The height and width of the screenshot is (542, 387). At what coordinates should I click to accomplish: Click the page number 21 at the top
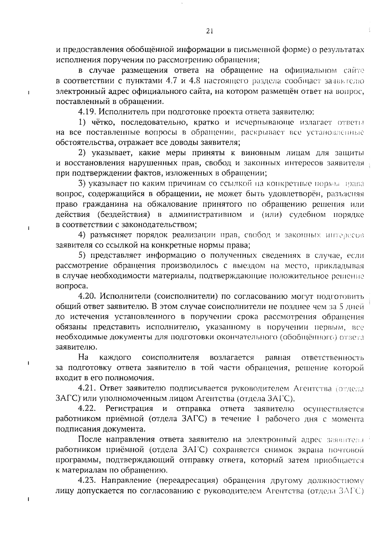click(x=209, y=31)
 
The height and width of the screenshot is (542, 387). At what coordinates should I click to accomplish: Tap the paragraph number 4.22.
click(x=87, y=409)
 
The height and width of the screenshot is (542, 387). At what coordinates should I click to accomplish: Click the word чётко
click(x=103, y=122)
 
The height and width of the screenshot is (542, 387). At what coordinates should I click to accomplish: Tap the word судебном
click(x=309, y=215)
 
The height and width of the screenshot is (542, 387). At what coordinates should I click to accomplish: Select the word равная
click(x=278, y=358)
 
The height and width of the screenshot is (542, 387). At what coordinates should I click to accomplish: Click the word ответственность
click(x=332, y=358)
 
